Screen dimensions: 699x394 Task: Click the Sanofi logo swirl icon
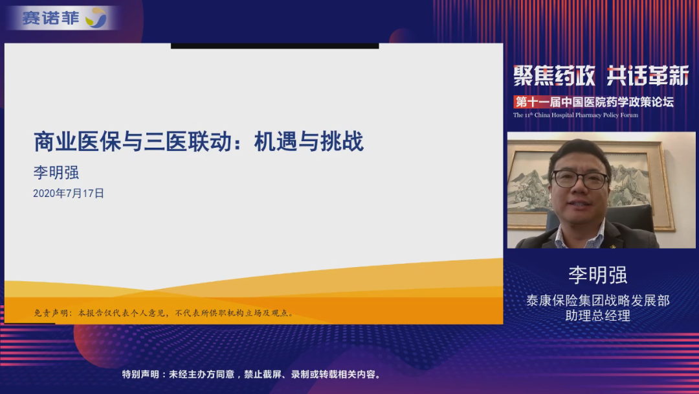coord(96,18)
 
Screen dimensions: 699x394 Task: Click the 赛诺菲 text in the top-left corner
coord(50,18)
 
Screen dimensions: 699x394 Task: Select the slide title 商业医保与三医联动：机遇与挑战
coord(199,142)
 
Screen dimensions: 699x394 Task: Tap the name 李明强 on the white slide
coord(56,172)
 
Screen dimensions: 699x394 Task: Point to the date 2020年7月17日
coord(69,193)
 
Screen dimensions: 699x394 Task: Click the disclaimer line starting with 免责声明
coord(164,313)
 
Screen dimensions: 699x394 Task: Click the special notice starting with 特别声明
coord(252,374)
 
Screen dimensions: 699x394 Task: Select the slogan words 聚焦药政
coord(554,75)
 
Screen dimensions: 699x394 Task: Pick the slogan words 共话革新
coord(647,75)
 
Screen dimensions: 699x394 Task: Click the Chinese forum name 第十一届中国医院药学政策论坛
coord(594,102)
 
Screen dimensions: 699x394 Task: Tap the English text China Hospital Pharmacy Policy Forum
coord(586,115)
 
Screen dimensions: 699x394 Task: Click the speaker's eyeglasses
coord(580,180)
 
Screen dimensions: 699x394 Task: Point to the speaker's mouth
coord(579,205)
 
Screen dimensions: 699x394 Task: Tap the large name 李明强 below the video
coord(598,275)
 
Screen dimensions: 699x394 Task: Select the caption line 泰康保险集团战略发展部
coord(598,300)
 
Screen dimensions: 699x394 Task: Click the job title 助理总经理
coord(598,316)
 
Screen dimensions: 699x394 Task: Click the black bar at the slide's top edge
coord(274,45)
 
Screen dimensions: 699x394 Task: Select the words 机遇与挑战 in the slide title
coord(309,142)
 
